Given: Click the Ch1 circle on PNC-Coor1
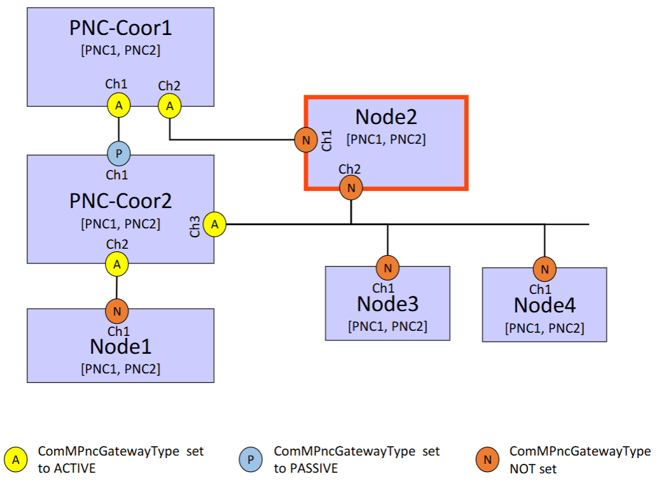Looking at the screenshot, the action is click(118, 106).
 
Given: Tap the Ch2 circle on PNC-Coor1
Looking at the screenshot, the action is click(169, 106).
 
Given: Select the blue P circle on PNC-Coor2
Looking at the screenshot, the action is click(118, 153).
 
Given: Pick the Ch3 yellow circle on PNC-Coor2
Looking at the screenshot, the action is click(214, 224).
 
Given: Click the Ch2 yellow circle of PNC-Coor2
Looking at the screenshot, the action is click(117, 264).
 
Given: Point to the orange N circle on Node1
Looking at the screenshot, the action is click(117, 311).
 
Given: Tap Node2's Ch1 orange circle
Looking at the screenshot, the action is click(306, 140).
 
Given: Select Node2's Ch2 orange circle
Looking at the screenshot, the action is click(351, 188).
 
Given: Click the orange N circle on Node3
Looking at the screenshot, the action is click(388, 268).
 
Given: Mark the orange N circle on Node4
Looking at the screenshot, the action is click(545, 269).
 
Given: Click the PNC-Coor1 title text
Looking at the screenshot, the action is click(121, 28).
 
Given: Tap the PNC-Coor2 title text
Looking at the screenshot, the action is click(121, 201).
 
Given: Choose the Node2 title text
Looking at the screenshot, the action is click(386, 116).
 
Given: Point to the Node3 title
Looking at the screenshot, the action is click(388, 304).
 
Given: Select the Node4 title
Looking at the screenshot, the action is click(545, 305).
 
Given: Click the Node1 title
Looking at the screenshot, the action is click(121, 346).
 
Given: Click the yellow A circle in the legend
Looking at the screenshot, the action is click(16, 460).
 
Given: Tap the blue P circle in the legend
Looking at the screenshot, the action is click(251, 460).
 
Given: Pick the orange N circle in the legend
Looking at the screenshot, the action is click(487, 460).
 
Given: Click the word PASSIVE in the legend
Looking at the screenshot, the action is click(314, 468).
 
